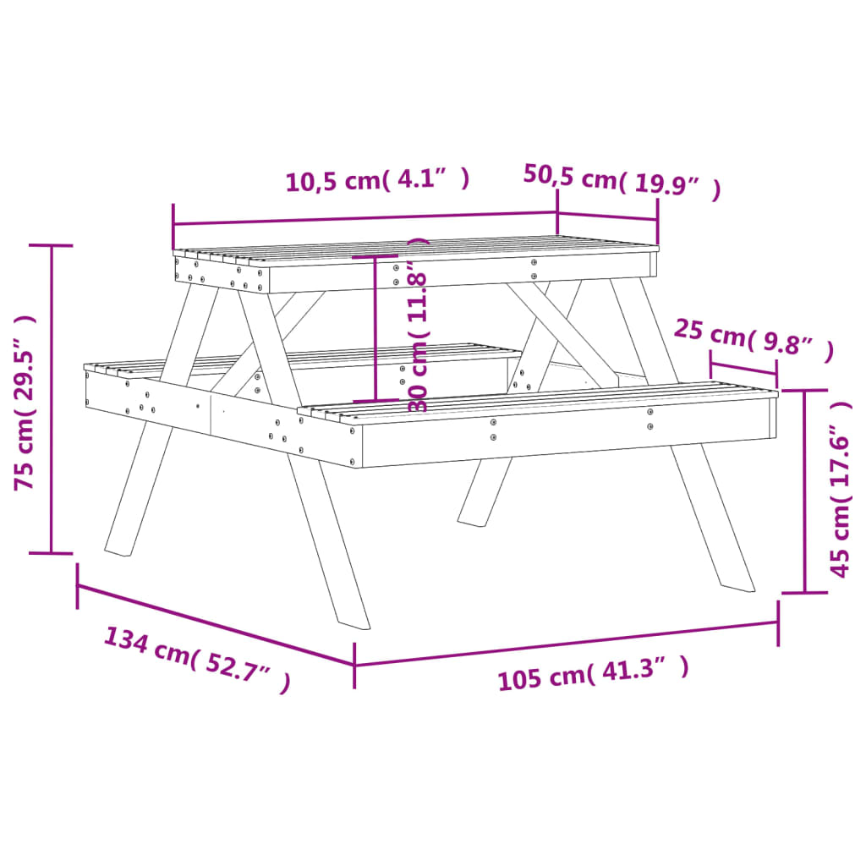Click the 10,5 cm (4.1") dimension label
377,180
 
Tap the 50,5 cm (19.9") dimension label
622,180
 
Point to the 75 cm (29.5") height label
25,403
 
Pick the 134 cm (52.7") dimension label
197,659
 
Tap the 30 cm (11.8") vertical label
419,326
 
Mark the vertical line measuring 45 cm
804,491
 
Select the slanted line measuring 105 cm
566,644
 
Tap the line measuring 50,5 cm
607,216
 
